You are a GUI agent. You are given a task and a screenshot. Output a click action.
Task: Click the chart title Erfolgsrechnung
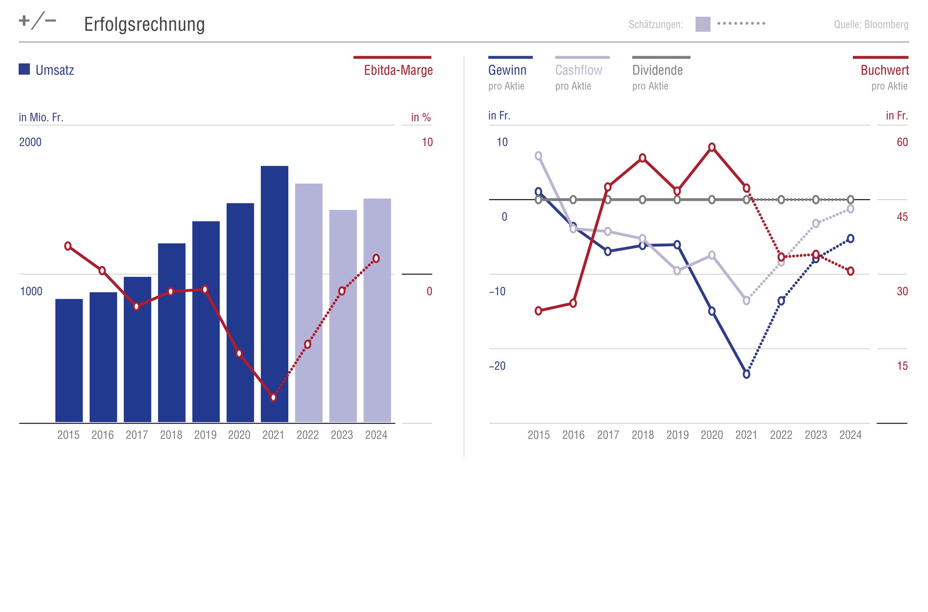coord(144,24)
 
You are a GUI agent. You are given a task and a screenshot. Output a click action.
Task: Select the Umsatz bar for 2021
coord(274,294)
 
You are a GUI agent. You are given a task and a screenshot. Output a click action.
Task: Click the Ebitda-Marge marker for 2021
coord(273,397)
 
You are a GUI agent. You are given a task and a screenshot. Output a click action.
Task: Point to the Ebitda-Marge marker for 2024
coord(376,258)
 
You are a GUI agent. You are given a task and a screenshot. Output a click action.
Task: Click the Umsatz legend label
coord(54,70)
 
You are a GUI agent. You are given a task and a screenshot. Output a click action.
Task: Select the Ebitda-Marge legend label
coord(398,70)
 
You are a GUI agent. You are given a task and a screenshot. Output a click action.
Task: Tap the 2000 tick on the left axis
coord(30,142)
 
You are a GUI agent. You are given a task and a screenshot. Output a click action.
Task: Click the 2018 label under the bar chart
coord(171,435)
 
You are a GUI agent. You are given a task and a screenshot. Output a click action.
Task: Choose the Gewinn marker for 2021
coord(746,374)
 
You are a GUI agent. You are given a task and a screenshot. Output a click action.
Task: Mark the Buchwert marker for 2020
coord(712,147)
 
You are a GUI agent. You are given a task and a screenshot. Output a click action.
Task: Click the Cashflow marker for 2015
coord(538,156)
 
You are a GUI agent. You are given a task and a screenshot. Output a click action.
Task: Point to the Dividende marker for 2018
coord(643,200)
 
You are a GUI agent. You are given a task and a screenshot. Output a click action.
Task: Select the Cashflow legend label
coord(579,70)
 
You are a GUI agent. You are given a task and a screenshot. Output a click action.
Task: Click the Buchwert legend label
coord(884,70)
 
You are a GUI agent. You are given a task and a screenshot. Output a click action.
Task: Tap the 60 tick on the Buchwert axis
coord(902,142)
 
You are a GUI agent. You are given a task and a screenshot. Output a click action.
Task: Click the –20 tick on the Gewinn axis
coord(497,366)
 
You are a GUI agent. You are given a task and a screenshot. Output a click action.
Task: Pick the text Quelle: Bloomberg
coord(871,24)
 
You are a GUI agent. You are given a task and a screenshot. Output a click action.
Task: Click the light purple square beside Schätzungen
coord(703,24)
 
